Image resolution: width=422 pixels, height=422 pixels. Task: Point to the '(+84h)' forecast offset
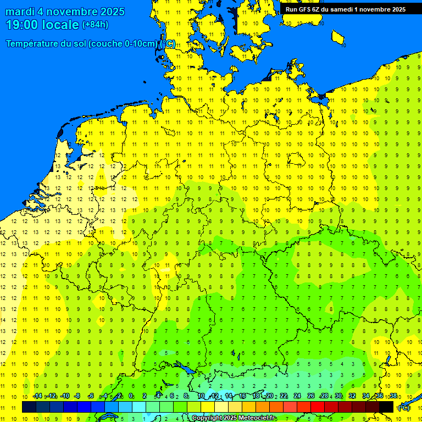[95, 25]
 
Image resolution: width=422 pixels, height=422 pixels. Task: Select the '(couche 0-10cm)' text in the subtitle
[124, 44]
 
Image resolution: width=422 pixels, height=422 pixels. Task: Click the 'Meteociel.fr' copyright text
[253, 418]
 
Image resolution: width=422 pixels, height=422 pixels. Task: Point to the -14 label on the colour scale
[37, 396]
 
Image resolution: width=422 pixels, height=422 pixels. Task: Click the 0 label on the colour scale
[131, 396]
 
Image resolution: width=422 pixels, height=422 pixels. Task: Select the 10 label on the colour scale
[201, 396]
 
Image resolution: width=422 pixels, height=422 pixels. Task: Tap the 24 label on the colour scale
[297, 396]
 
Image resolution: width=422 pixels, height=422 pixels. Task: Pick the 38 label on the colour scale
[393, 396]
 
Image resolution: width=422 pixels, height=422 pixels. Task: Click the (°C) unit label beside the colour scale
[404, 408]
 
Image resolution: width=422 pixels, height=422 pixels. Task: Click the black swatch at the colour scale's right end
[386, 407]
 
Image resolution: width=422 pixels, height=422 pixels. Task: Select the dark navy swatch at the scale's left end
[29, 407]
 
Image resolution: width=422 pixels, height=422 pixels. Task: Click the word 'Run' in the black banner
[291, 9]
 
